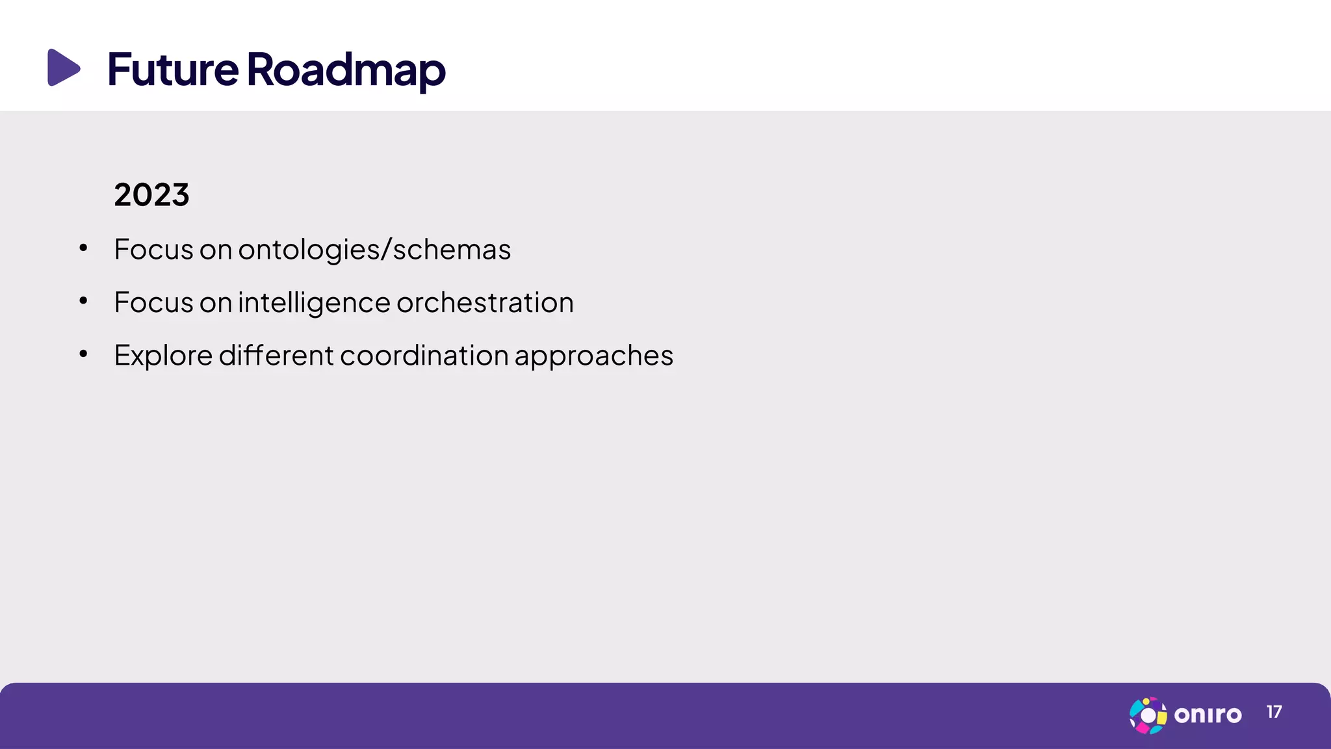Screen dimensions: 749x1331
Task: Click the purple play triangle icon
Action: (63, 67)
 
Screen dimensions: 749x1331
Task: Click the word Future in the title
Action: (173, 69)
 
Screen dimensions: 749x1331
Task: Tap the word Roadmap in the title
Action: (346, 70)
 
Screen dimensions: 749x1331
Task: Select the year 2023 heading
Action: (151, 194)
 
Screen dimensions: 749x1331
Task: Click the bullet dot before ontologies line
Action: (83, 248)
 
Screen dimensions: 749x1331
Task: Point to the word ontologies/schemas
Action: (374, 250)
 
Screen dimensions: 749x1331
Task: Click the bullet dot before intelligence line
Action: (83, 300)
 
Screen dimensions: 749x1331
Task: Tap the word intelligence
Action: (314, 303)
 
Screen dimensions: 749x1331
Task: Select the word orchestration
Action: (485, 302)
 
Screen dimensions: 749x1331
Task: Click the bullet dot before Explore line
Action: (83, 354)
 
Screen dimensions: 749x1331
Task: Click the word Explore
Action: (163, 356)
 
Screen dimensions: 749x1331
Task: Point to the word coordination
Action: (424, 355)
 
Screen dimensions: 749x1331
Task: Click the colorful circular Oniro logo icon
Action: (1148, 715)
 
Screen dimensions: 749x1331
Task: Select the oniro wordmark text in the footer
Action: (1208, 715)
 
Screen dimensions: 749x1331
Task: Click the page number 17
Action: (1274, 713)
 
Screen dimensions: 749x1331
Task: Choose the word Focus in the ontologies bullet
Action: (153, 250)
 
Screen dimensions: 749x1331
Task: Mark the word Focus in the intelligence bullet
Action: (153, 302)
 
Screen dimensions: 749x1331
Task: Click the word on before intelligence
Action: (216, 303)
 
